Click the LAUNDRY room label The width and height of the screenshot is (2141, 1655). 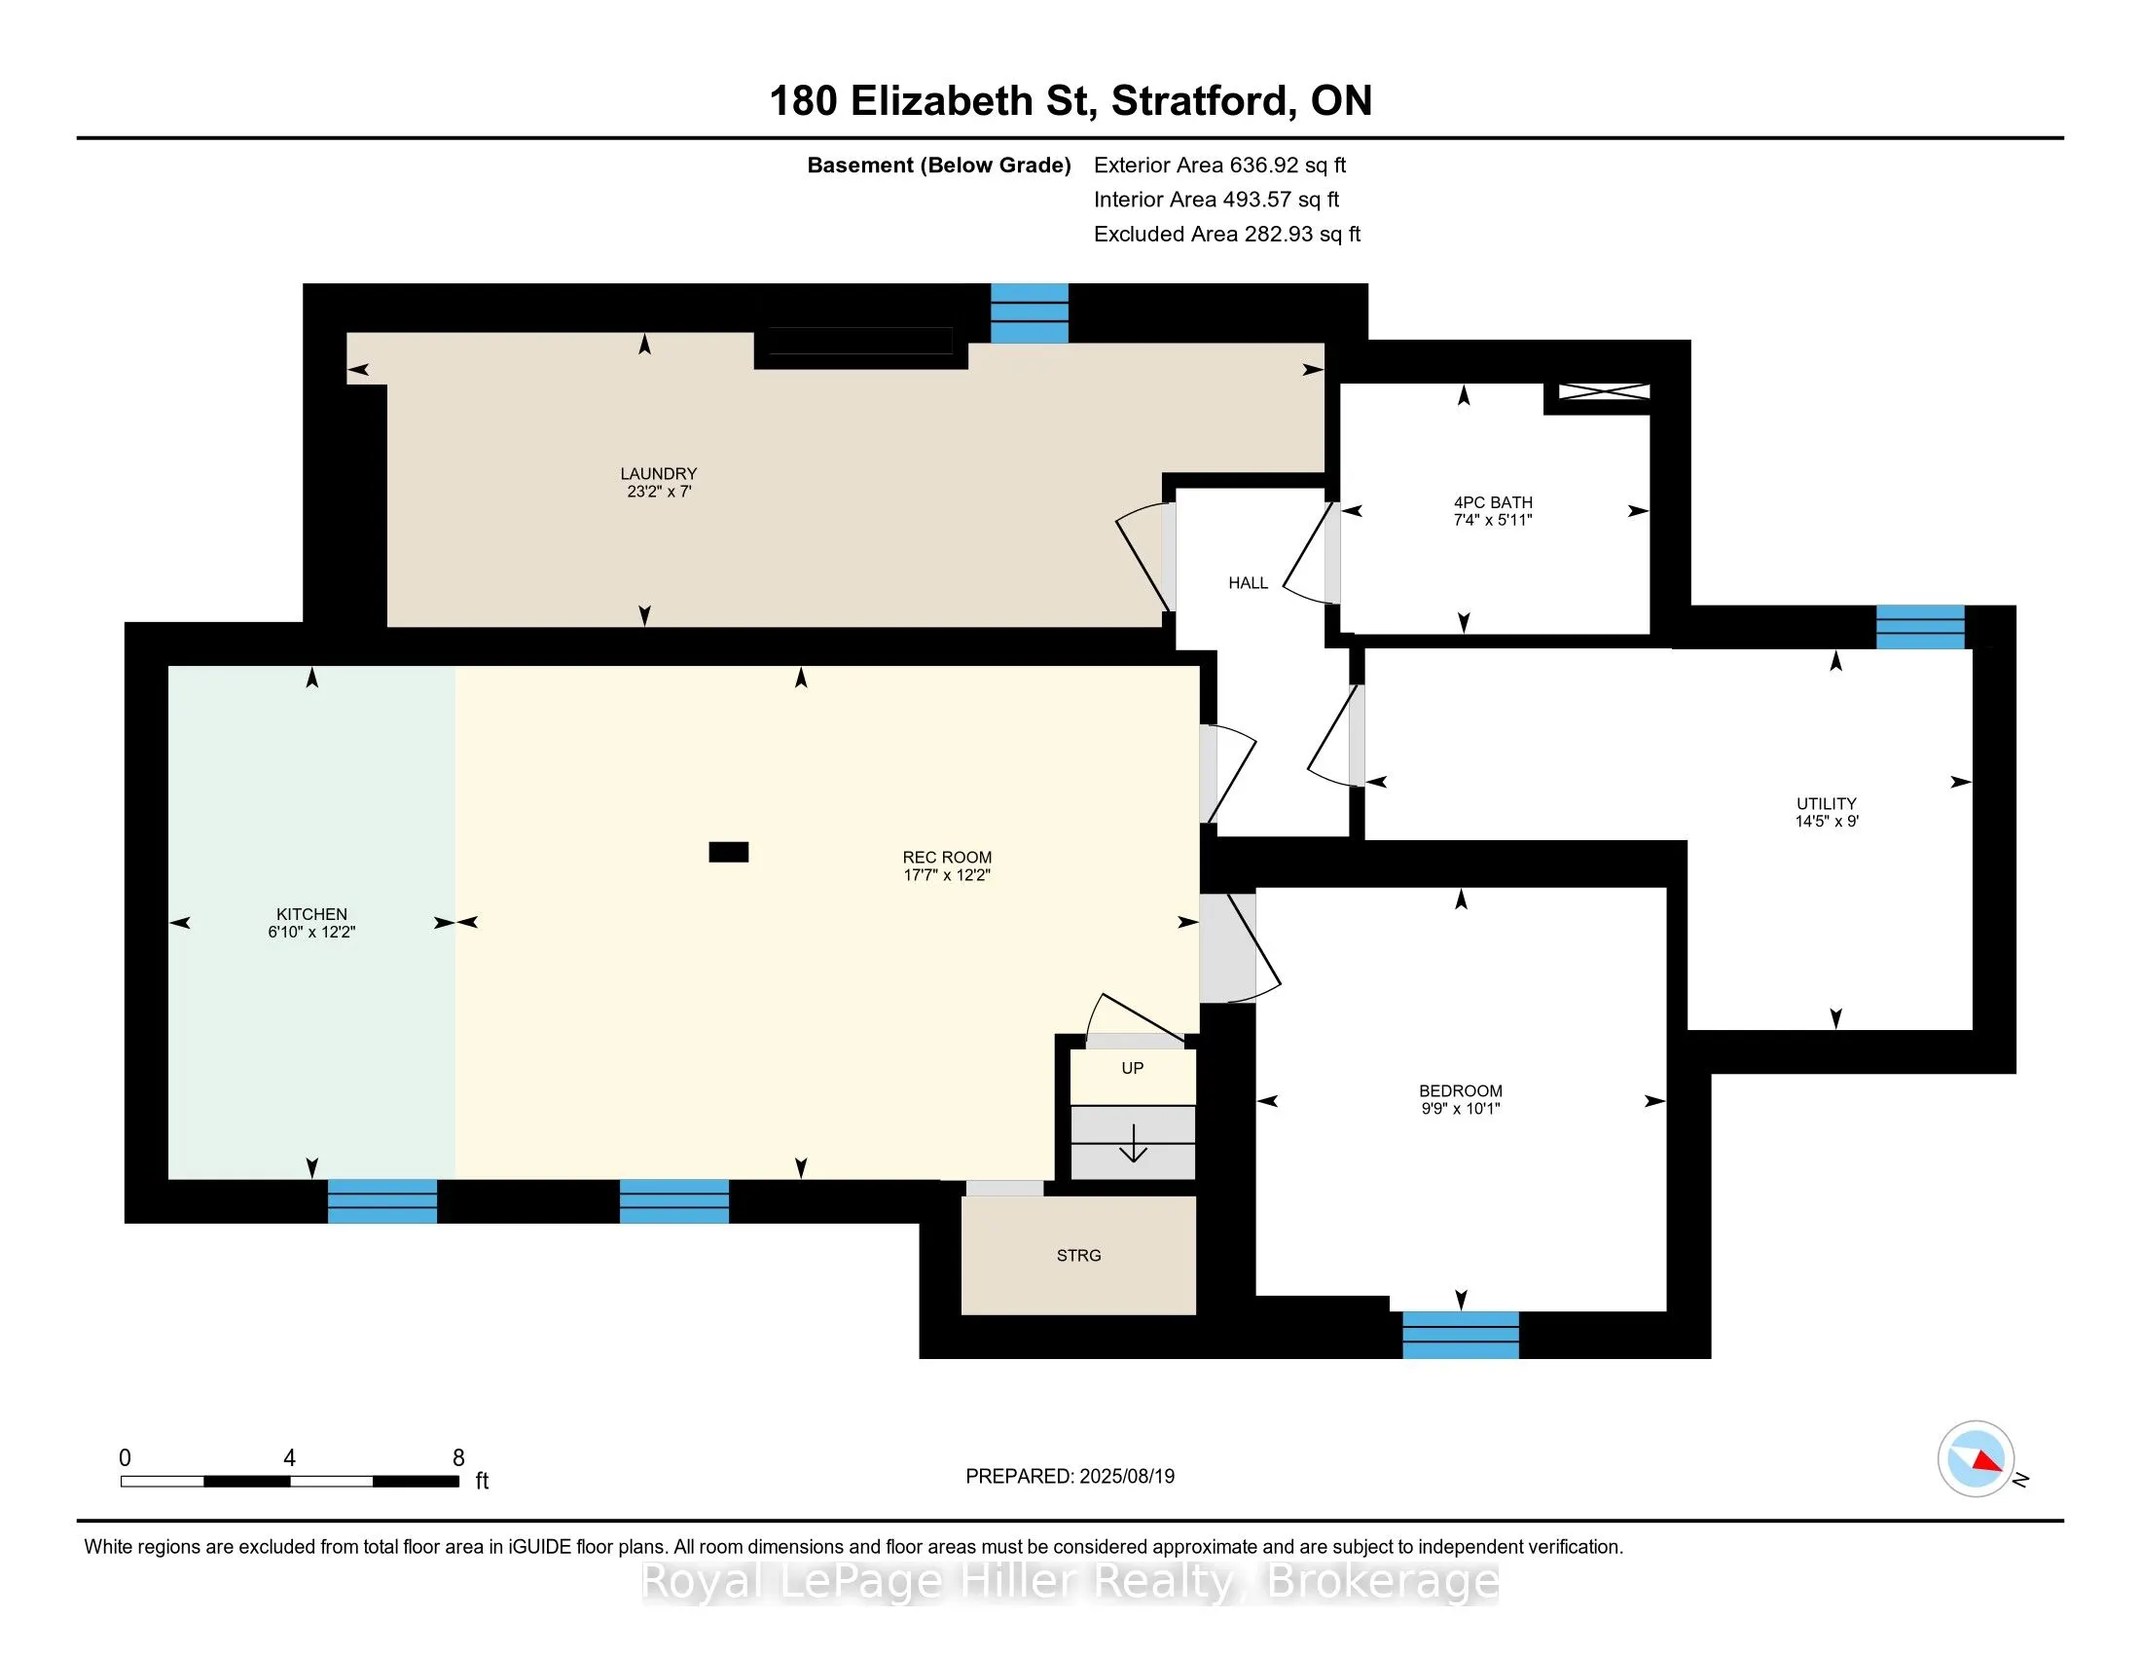(658, 473)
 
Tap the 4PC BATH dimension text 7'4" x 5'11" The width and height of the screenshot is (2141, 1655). (1492, 521)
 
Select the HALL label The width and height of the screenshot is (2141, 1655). (1248, 583)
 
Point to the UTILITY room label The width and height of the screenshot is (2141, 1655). (1827, 803)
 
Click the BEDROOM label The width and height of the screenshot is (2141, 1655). (1461, 1091)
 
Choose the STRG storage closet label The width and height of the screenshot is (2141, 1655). (1078, 1256)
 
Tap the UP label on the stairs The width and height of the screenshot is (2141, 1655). (1132, 1068)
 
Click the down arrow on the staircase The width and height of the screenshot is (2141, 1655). (1133, 1143)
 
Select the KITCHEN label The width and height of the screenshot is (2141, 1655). (311, 914)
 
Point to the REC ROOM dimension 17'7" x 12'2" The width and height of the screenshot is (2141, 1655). (947, 875)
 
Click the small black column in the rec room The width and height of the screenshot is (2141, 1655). (728, 852)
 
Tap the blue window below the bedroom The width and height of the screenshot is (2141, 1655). (1461, 1335)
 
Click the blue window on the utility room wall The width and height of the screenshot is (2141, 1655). (1920, 628)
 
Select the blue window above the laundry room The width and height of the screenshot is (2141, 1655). (1030, 313)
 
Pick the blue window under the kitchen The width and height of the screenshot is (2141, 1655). (382, 1201)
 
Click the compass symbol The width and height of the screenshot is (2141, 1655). (1976, 1458)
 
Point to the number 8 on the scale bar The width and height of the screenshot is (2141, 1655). (457, 1458)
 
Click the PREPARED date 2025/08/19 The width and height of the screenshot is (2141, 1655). (1126, 1477)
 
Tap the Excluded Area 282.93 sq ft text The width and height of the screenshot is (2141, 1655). (1227, 235)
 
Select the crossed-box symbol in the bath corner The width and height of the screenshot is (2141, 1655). (1605, 391)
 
